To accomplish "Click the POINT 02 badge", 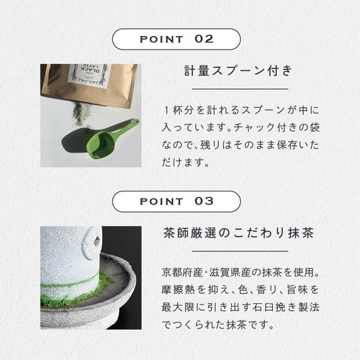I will point(179,38).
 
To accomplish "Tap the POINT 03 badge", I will point(179,201).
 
